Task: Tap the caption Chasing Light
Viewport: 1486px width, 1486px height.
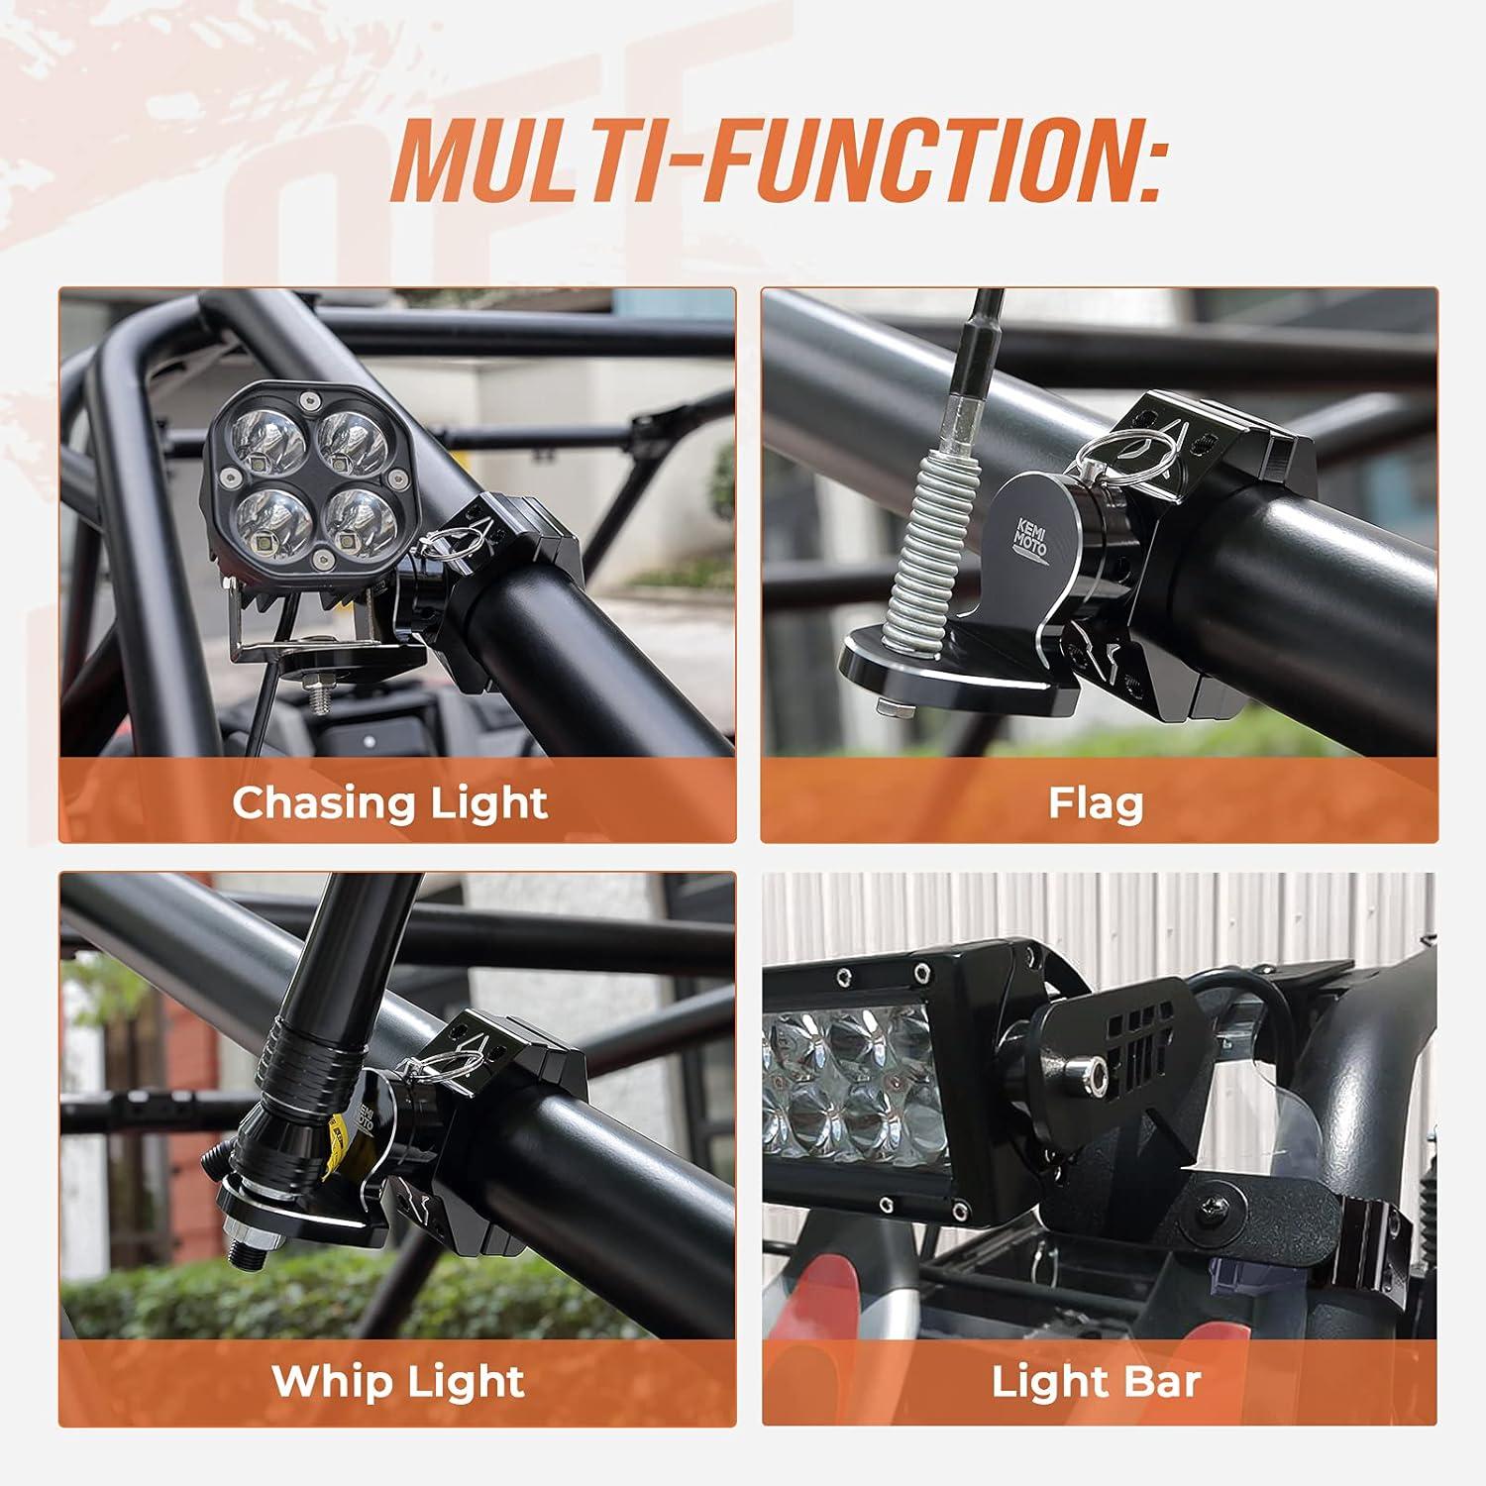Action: point(389,802)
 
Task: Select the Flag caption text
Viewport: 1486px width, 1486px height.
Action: point(1097,802)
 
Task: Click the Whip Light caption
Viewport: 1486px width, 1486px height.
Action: point(398,1381)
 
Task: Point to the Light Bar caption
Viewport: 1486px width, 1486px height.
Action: point(1097,1381)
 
